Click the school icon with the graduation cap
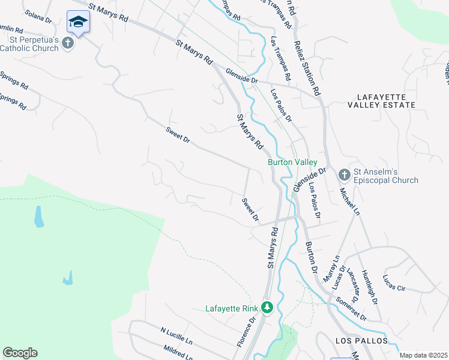78,23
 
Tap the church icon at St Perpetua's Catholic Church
68,43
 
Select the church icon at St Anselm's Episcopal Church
345,175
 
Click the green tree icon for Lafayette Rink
267,308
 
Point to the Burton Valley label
292,162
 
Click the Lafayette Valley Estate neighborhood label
385,100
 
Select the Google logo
20,353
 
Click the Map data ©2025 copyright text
423,355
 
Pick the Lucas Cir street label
394,284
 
